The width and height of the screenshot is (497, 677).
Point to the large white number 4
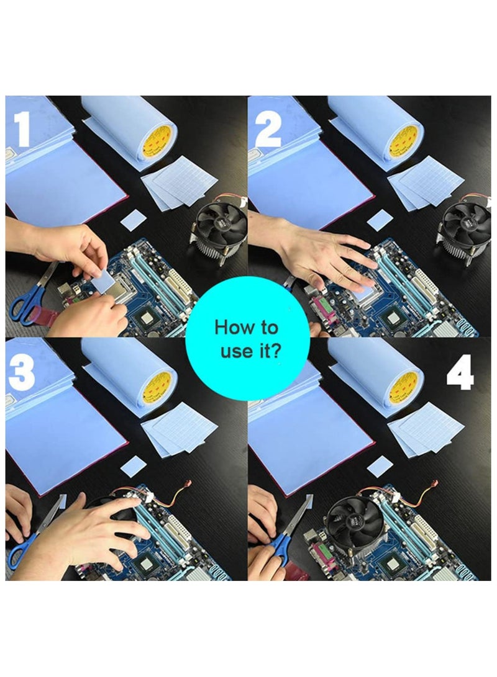click(460, 372)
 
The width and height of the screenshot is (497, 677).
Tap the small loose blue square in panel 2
click(380, 222)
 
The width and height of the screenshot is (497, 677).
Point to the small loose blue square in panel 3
click(134, 466)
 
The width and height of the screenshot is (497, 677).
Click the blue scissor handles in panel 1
click(28, 306)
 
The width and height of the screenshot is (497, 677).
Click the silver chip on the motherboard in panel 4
click(393, 564)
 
